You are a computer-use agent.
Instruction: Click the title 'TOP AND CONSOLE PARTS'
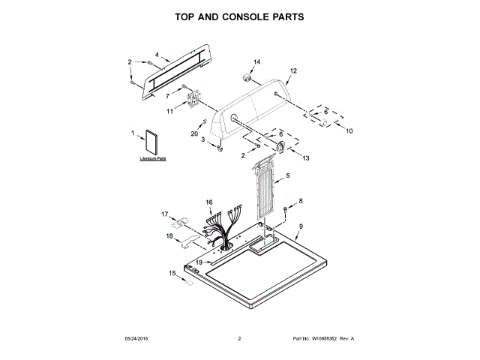tap(239, 16)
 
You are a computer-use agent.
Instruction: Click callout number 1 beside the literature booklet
tap(133, 133)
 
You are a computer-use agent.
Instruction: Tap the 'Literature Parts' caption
tap(152, 160)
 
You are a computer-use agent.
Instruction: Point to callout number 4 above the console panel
tap(157, 55)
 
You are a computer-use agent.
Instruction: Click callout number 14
tap(256, 61)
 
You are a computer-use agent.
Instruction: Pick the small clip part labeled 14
tap(246, 76)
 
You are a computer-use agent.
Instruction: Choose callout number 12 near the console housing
tap(293, 70)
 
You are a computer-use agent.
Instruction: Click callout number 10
tap(348, 130)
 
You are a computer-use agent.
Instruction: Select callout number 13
tap(305, 159)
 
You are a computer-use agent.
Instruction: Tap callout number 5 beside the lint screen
tap(288, 176)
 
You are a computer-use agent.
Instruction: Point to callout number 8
tap(301, 200)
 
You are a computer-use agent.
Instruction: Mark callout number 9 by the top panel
tap(301, 226)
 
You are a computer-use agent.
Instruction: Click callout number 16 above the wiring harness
tap(210, 202)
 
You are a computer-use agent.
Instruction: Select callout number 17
tap(165, 214)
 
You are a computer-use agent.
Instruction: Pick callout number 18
tap(169, 237)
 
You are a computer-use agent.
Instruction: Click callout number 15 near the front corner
tap(172, 274)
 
